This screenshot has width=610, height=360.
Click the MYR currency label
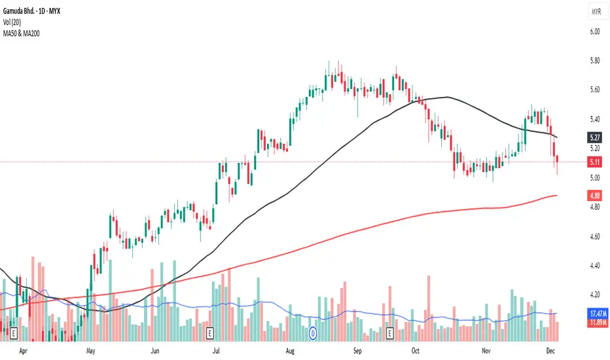coord(596,12)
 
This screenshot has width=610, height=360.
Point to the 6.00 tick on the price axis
coord(594,31)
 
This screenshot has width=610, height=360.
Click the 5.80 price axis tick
coord(594,61)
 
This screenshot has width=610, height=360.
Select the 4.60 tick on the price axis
coord(594,236)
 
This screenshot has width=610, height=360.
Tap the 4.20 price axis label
coord(594,295)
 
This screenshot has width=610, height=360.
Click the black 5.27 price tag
coord(594,138)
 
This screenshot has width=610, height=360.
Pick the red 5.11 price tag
coord(594,162)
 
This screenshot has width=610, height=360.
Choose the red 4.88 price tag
coord(594,195)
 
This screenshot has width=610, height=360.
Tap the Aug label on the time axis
coord(291,351)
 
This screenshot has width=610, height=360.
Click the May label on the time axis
coord(91,351)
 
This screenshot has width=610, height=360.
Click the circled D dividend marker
coord(313,333)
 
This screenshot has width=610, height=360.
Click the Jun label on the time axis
coord(155,351)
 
